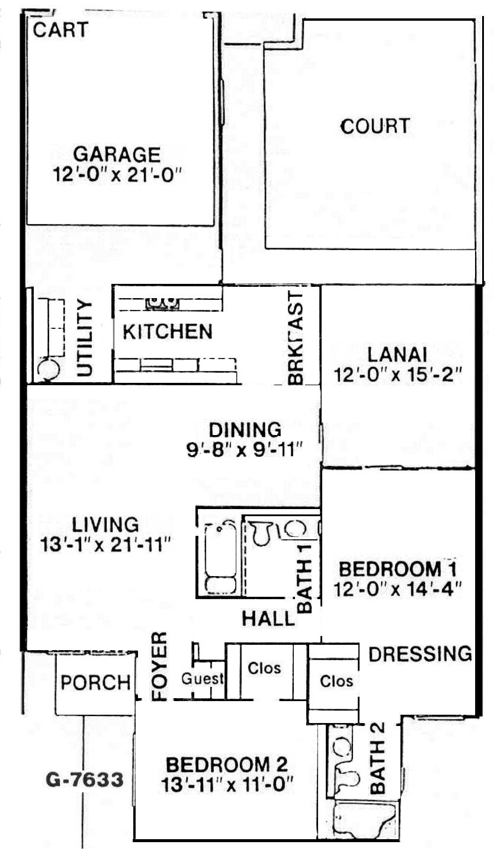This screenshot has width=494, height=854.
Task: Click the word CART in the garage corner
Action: coord(60,30)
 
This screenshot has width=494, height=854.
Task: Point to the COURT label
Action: coord(375,127)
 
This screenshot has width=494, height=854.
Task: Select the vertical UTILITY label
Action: coord(85,338)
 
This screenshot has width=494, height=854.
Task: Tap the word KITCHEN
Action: coord(168,332)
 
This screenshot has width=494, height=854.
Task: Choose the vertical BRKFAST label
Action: coord(296,338)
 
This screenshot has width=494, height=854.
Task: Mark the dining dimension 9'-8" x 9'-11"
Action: coord(244,450)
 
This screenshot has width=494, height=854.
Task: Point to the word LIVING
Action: coord(105,524)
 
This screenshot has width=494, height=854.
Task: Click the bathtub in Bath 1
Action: coord(221,559)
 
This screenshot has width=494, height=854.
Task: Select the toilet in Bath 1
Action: coord(261,533)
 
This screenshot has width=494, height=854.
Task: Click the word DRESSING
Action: coord(420,654)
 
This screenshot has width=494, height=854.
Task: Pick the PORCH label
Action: coord(96,682)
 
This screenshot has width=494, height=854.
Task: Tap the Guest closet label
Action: coord(203,679)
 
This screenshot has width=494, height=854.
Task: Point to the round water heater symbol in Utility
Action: coord(47,369)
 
